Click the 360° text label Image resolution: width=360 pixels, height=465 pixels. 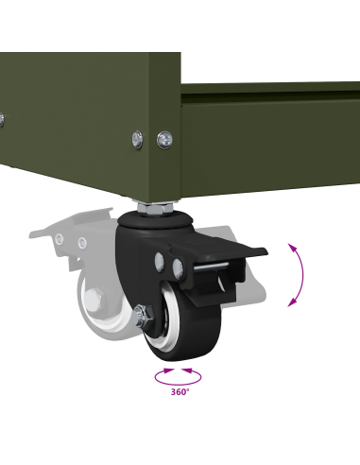[x=180, y=392]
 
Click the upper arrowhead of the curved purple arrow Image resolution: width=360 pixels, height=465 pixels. [x=294, y=248]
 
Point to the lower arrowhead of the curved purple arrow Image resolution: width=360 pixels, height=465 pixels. [x=293, y=302]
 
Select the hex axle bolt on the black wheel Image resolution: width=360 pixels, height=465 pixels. [x=143, y=318]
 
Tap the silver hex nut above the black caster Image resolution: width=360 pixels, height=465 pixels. [x=155, y=208]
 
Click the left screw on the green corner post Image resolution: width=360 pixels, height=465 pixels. [x=137, y=139]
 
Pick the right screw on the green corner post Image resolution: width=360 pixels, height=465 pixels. [x=164, y=140]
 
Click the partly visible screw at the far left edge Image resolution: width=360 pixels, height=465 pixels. [x=2, y=120]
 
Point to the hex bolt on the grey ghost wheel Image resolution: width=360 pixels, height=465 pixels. [x=94, y=299]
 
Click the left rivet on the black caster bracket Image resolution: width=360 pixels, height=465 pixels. [x=160, y=262]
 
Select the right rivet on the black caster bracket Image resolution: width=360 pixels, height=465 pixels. [x=178, y=268]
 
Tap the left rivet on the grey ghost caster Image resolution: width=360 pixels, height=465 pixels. [x=59, y=239]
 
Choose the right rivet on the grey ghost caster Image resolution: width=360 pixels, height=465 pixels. [x=82, y=243]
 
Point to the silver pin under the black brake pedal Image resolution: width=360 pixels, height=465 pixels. [x=211, y=267]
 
